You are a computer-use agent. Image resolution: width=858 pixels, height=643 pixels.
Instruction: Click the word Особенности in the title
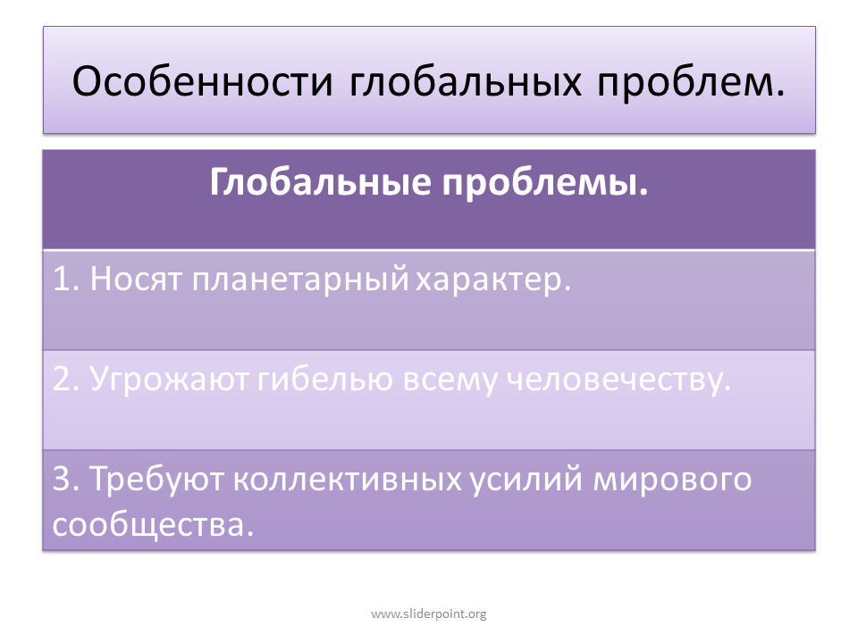tap(203, 82)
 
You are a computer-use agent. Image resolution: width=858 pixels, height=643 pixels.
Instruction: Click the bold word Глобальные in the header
tap(320, 181)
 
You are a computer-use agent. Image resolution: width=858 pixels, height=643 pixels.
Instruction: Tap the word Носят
tap(135, 280)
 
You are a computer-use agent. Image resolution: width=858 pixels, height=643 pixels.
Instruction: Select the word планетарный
tap(300, 280)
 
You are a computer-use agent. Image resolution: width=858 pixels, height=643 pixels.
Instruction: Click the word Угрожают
tap(169, 380)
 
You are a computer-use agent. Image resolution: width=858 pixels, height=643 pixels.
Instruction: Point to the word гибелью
tap(325, 379)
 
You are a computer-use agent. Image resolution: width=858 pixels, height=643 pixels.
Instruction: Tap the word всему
tap(450, 381)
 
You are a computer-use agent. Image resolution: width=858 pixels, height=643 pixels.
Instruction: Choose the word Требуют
tap(156, 480)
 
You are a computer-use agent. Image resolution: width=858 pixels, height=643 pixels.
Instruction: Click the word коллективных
tap(348, 480)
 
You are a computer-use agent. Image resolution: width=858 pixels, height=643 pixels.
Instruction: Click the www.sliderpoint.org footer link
tap(429, 614)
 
